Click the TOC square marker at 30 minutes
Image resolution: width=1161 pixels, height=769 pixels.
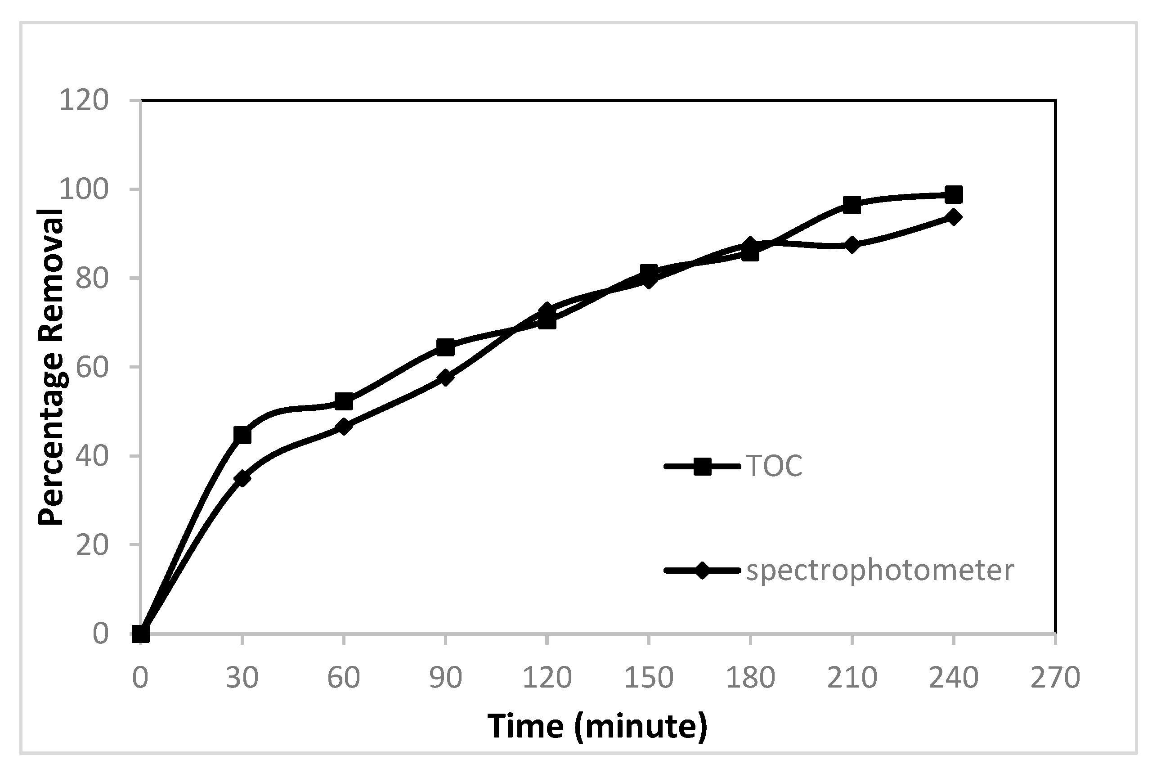tap(242, 435)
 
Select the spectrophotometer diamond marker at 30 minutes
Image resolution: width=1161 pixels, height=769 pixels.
tap(242, 478)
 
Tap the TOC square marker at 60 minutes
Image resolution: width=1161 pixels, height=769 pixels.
tap(344, 401)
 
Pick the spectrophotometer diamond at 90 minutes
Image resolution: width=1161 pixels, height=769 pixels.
tap(445, 378)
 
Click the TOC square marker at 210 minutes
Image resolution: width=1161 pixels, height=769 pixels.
tap(852, 204)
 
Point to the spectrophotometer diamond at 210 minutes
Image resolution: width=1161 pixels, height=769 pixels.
tap(852, 245)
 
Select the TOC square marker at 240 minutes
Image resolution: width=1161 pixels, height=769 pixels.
tap(954, 195)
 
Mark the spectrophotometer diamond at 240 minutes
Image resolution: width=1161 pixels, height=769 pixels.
tap(954, 217)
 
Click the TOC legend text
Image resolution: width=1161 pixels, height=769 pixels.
tap(774, 466)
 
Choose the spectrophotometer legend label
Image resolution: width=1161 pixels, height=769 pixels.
tap(879, 571)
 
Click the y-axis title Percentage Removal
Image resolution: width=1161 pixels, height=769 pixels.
tap(51, 367)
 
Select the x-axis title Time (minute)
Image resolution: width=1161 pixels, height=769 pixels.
tap(597, 726)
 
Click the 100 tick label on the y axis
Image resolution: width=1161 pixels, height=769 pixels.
tap(83, 189)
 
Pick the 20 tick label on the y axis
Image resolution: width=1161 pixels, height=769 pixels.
tap(92, 545)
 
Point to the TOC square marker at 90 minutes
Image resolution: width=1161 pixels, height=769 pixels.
tap(445, 348)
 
